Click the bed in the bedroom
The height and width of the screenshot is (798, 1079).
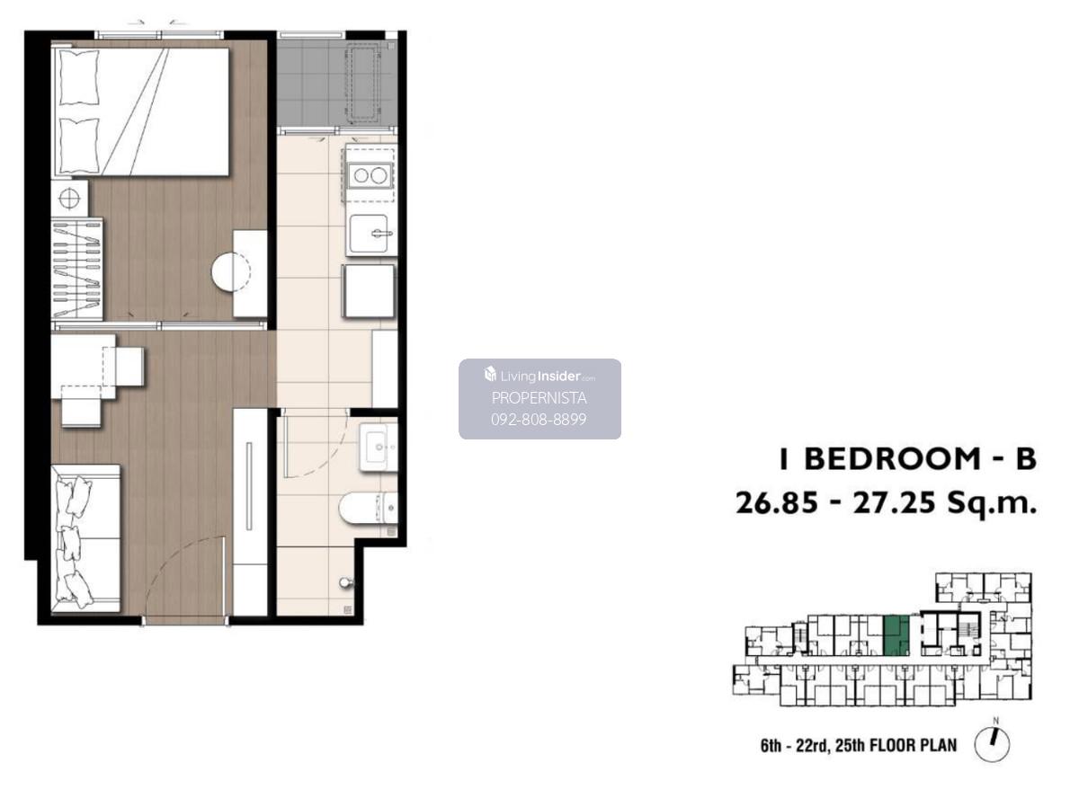click(x=140, y=111)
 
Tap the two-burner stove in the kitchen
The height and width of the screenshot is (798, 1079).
click(x=370, y=175)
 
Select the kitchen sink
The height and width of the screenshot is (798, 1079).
click(x=370, y=234)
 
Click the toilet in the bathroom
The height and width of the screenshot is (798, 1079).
click(x=368, y=508)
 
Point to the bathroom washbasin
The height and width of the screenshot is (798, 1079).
click(x=379, y=448)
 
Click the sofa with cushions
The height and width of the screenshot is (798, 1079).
click(x=85, y=538)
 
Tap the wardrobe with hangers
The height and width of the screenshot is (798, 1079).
click(x=76, y=269)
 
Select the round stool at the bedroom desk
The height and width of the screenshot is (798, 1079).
click(x=230, y=271)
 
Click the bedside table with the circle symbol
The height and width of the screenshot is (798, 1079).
click(x=69, y=199)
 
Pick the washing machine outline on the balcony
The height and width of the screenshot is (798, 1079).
click(x=362, y=83)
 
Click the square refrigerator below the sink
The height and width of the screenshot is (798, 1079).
click(x=369, y=291)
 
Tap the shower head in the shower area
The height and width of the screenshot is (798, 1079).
click(x=346, y=582)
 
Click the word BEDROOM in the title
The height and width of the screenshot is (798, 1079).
click(x=892, y=458)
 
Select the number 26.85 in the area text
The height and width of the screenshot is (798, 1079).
click(x=776, y=503)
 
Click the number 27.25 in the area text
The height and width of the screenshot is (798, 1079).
click(x=894, y=503)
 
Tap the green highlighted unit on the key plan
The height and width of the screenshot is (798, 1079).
click(x=896, y=635)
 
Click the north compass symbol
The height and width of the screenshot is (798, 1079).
click(x=992, y=743)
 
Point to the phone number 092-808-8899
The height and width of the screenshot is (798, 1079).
click(x=539, y=419)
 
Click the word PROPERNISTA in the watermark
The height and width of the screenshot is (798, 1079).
click(x=539, y=398)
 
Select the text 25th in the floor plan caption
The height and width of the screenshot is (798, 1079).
click(x=850, y=746)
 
